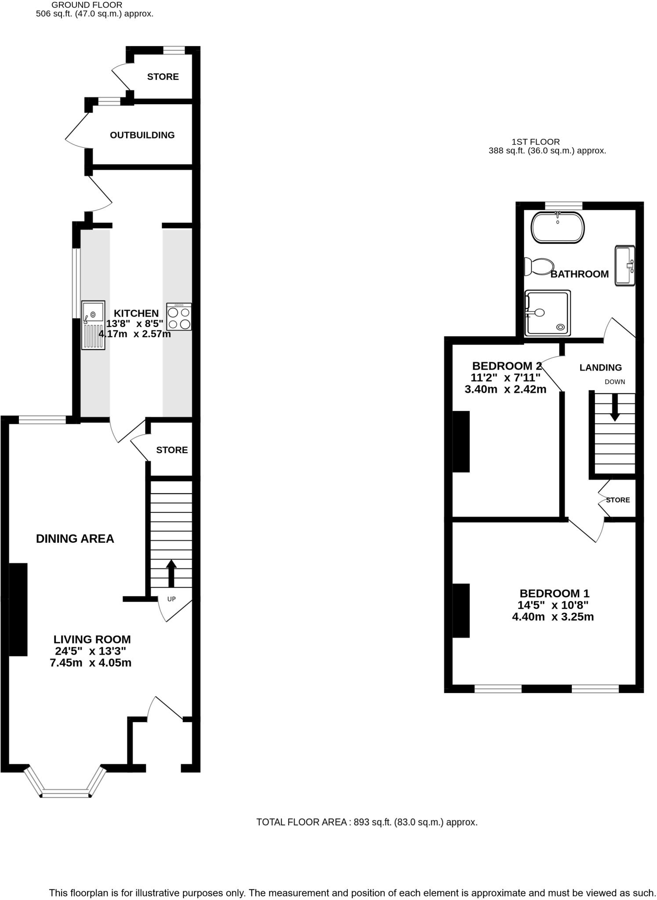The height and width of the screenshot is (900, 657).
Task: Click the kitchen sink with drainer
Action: [93, 325]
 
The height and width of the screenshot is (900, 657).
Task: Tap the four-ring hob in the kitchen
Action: [179, 317]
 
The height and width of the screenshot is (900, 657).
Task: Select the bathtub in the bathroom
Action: [558, 227]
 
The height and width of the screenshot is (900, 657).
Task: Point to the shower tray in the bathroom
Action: [548, 313]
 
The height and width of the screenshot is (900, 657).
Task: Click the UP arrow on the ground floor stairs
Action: [171, 573]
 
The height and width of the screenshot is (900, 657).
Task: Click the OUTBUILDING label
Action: [142, 135]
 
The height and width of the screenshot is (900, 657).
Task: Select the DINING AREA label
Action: [75, 539]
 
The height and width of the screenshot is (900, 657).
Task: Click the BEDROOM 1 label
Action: [554, 594]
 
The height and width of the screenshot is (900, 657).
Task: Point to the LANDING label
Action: [600, 367]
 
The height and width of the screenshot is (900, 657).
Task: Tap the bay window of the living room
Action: [66, 792]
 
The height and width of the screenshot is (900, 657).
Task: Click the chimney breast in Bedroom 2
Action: [461, 441]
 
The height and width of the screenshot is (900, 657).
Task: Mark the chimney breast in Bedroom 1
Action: [461, 610]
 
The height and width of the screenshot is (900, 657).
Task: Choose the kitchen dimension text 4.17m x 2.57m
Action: [134, 334]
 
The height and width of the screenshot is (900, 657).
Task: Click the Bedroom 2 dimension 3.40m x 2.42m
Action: [505, 389]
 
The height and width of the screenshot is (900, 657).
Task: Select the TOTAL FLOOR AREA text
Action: [367, 822]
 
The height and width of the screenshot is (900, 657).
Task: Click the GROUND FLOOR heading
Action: [87, 5]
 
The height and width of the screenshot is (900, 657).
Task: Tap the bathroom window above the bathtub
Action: [563, 205]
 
